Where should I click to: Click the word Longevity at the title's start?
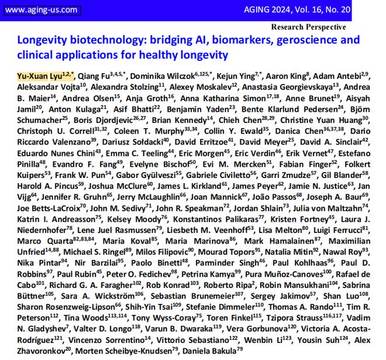click(42, 40)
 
